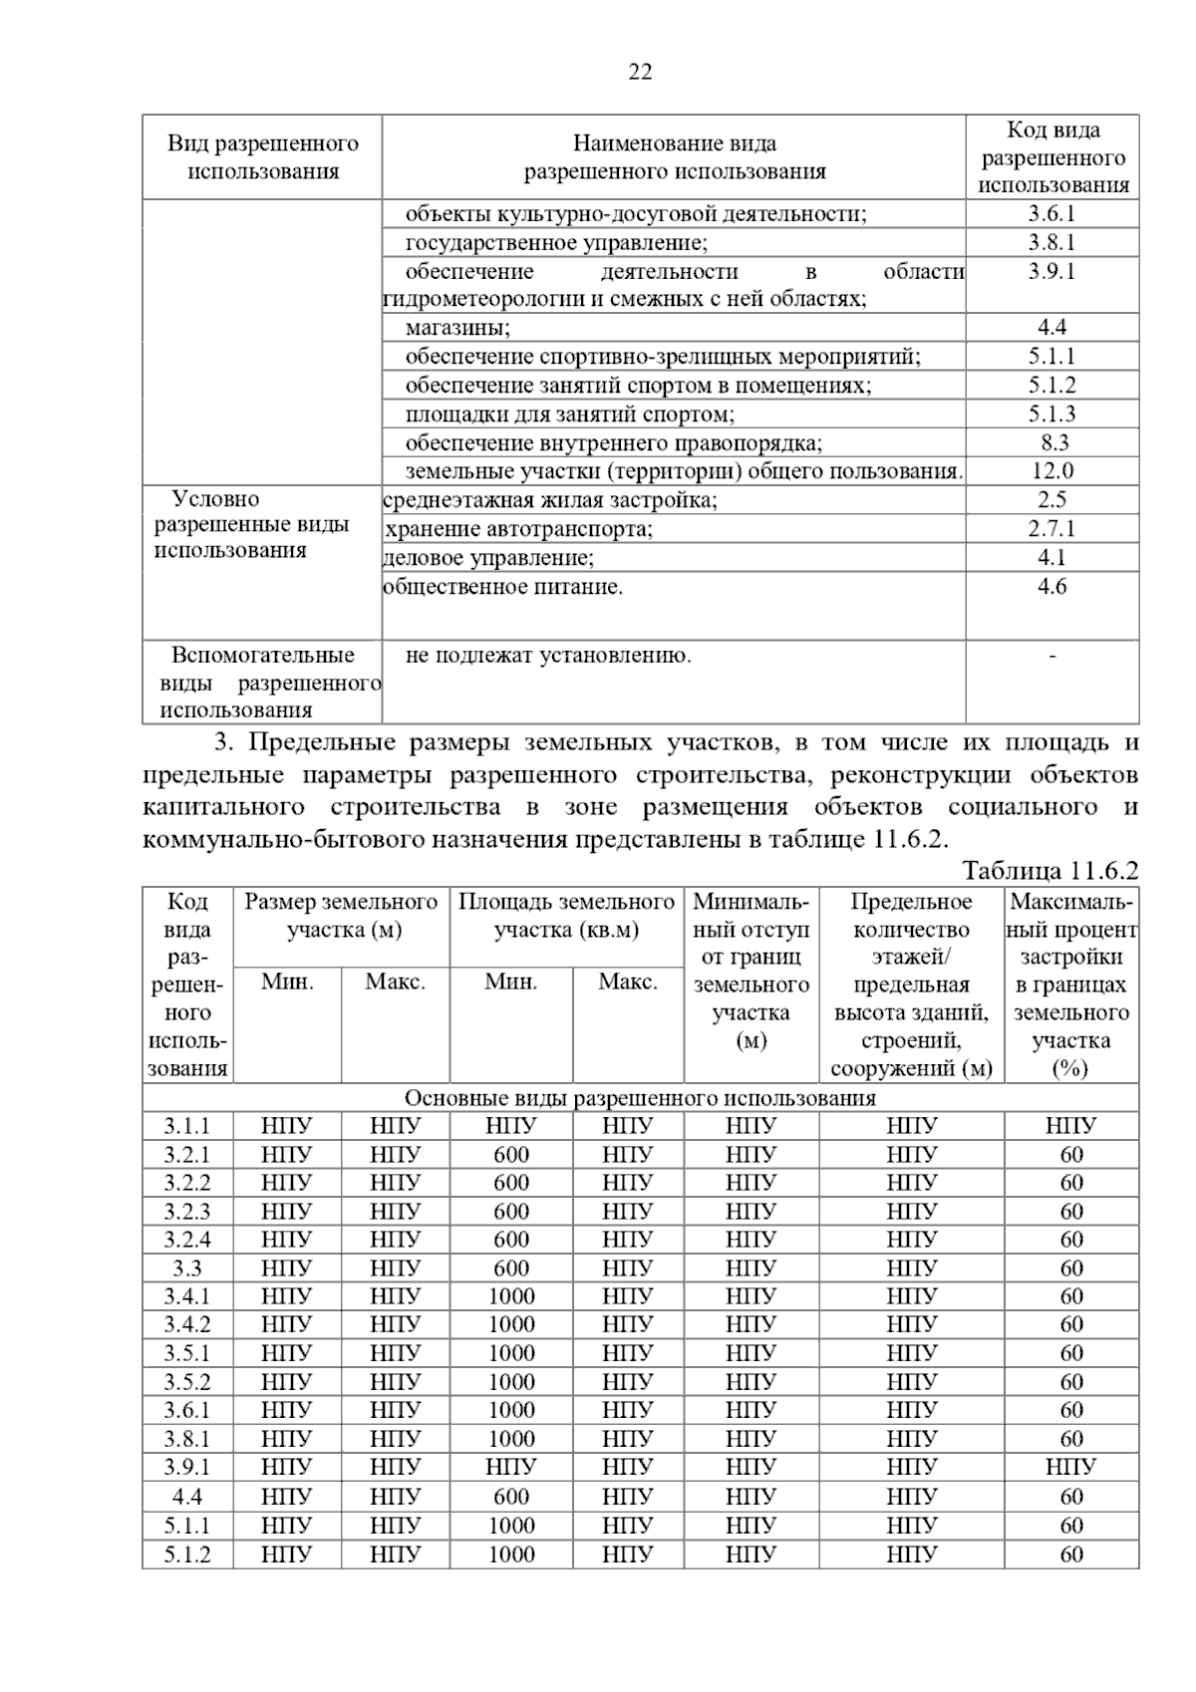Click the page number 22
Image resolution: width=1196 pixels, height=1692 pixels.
click(x=640, y=72)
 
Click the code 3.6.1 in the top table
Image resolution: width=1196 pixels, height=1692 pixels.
click(x=1051, y=214)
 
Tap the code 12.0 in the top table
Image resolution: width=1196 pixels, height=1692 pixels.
click(x=1051, y=471)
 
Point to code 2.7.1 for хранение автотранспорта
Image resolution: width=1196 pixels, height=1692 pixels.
click(x=1051, y=529)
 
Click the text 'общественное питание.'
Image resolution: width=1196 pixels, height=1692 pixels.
click(x=503, y=587)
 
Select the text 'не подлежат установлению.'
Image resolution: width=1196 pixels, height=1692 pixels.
click(x=548, y=656)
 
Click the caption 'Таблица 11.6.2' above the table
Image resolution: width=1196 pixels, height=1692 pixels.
click(x=1049, y=871)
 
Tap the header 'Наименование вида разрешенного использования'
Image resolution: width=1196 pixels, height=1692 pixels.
click(x=675, y=157)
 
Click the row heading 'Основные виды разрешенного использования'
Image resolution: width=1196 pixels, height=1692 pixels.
click(x=640, y=1098)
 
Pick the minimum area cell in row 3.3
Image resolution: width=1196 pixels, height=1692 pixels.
click(x=511, y=1269)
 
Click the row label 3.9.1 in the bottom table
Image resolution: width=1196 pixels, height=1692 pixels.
click(x=187, y=1468)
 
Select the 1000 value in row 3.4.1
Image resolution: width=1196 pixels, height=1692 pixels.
click(x=511, y=1296)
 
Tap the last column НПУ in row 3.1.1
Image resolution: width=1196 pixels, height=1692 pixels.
click(x=1071, y=1126)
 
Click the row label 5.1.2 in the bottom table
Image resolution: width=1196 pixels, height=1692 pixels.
click(x=187, y=1554)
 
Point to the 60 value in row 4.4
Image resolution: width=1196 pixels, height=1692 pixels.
click(x=1071, y=1497)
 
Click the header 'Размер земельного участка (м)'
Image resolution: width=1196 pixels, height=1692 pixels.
click(x=341, y=916)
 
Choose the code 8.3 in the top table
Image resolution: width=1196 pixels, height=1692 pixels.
click(x=1051, y=442)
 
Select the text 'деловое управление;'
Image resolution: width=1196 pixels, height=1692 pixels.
click(x=489, y=558)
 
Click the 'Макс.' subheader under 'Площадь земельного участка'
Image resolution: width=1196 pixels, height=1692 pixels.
click(x=627, y=983)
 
